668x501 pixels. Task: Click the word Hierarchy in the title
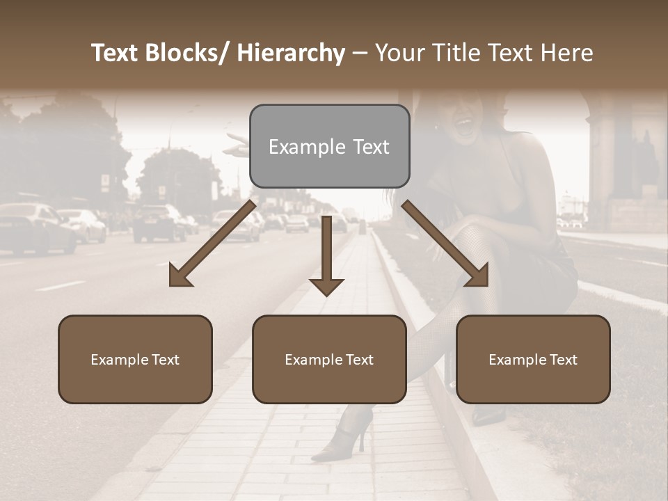(291, 53)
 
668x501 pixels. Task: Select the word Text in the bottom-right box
(562, 360)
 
